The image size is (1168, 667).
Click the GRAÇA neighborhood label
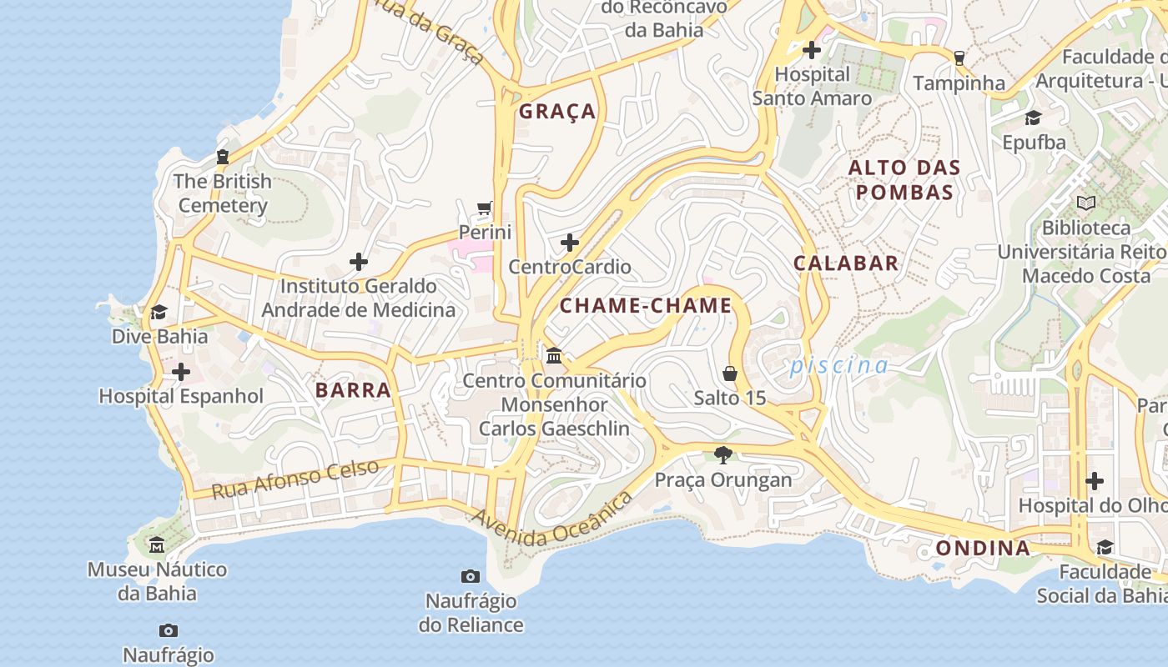pyautogui.click(x=557, y=112)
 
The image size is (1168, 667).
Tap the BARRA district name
pyautogui.click(x=353, y=390)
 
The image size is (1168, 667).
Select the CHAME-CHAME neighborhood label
pyautogui.click(x=645, y=306)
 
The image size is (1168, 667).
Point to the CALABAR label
pyautogui.click(x=846, y=263)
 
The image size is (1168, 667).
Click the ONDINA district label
pyautogui.click(x=983, y=549)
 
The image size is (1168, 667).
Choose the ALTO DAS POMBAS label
pyautogui.click(x=904, y=180)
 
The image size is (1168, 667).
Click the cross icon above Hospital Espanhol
pyautogui.click(x=181, y=372)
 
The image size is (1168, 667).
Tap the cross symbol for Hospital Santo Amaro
pyautogui.click(x=812, y=50)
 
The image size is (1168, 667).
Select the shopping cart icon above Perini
pyautogui.click(x=485, y=208)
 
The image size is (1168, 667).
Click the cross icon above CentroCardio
pyautogui.click(x=570, y=243)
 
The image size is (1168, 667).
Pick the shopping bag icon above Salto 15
pyautogui.click(x=730, y=374)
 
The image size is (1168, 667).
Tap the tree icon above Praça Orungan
pyautogui.click(x=723, y=455)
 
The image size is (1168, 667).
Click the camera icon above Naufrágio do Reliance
pyautogui.click(x=471, y=576)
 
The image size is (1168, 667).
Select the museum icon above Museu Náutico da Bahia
pyautogui.click(x=157, y=545)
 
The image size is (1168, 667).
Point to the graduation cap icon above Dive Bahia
pyautogui.click(x=159, y=313)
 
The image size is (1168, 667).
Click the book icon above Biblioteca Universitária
pyautogui.click(x=1085, y=203)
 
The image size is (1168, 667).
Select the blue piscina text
pyautogui.click(x=839, y=365)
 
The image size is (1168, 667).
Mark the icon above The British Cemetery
pyautogui.click(x=223, y=157)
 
